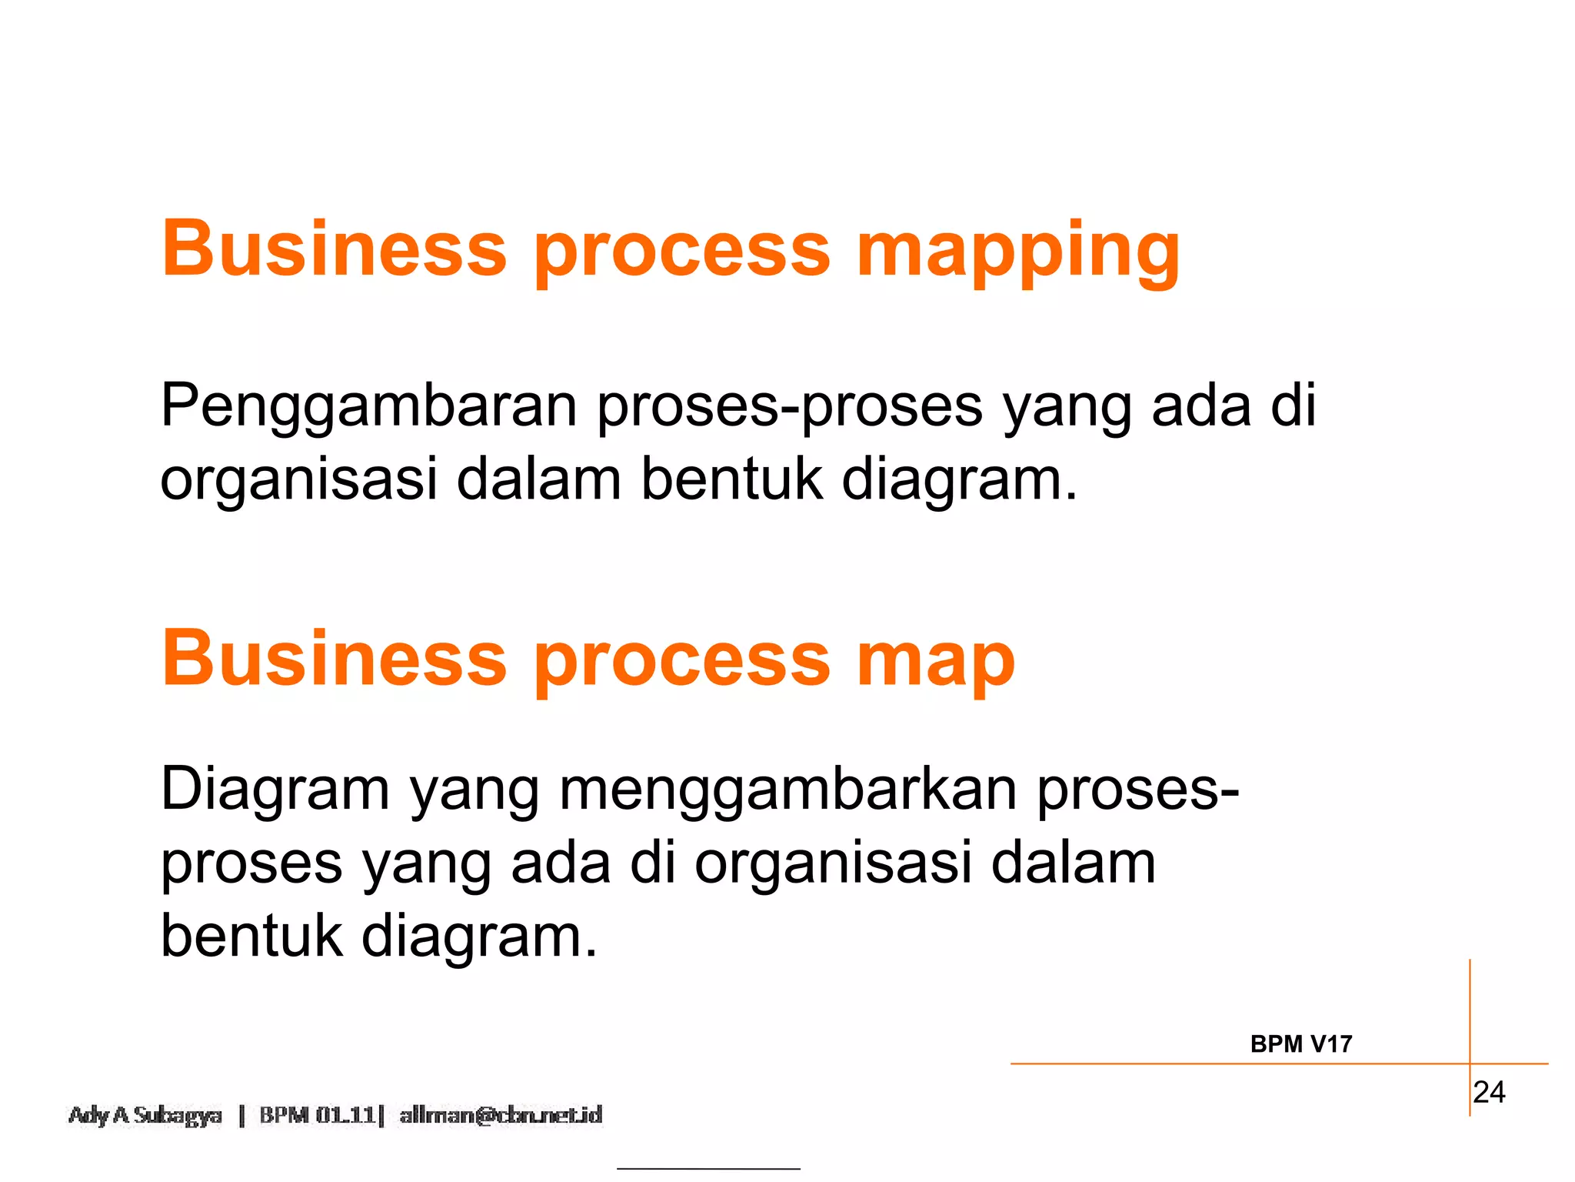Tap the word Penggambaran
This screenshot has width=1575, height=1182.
[368, 406]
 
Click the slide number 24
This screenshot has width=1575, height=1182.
[1489, 1092]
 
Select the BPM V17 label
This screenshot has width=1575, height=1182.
[1300, 1044]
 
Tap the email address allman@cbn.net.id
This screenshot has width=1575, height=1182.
[501, 1115]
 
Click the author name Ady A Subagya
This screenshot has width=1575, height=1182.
[145, 1115]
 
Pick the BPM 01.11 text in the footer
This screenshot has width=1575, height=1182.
[318, 1115]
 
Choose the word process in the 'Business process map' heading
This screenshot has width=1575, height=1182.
[682, 660]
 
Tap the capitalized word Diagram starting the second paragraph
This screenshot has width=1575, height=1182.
[275, 790]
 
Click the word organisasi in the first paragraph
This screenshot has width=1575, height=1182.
[298, 479]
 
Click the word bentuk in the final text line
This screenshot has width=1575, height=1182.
[251, 936]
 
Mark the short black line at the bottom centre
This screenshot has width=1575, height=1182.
[708, 1168]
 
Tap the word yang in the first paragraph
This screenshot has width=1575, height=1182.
[1067, 407]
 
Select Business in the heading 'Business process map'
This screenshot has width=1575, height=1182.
[334, 659]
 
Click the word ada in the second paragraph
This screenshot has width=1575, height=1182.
[561, 863]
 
